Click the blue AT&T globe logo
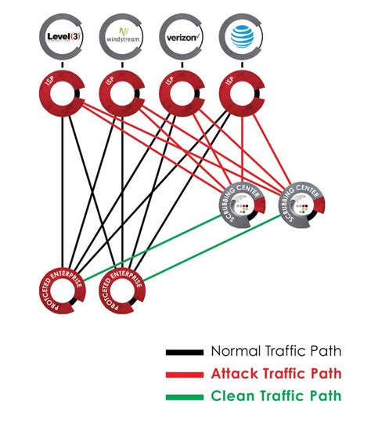(240, 37)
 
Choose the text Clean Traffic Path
(276, 396)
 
